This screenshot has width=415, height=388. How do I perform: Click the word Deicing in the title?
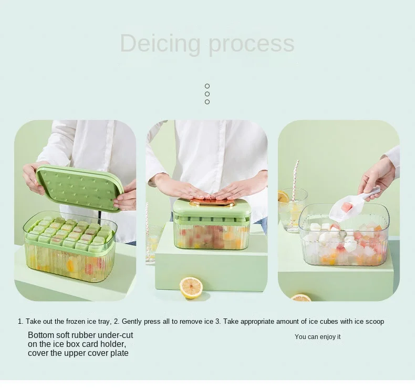coord(161,43)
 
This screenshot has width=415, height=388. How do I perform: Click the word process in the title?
coord(251,44)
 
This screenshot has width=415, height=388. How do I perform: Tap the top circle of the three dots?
coord(207,86)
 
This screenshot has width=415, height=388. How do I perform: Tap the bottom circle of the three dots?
coord(207,102)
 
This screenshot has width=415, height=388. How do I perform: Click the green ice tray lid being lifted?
coord(79,187)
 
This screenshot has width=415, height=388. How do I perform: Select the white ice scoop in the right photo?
coord(349,205)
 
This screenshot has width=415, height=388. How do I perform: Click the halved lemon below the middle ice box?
coord(191,287)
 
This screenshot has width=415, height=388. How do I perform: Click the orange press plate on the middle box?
coord(212,202)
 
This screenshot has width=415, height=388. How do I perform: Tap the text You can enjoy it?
coord(317,337)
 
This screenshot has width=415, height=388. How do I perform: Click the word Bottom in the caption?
coord(40,335)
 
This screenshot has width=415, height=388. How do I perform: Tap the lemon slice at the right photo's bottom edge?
coord(301,297)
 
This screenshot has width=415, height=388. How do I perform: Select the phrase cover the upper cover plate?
coord(78,353)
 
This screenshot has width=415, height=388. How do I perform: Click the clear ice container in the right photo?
coord(344,237)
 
